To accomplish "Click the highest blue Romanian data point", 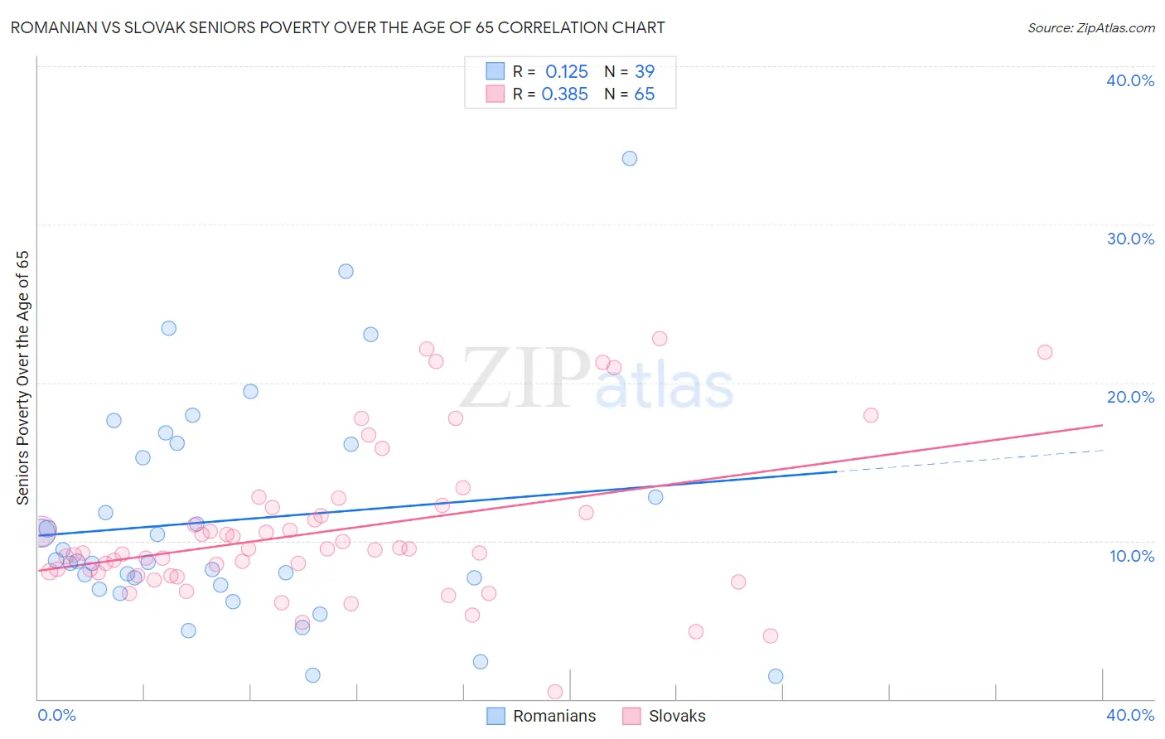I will tap(630, 158).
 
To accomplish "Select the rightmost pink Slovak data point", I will tap(1045, 352).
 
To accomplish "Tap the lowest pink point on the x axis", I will tap(555, 692).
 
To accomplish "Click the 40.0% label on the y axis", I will tap(1130, 80).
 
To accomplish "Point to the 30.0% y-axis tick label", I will tap(1130, 239).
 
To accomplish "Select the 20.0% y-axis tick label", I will tap(1130, 397).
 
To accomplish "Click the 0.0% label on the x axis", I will tap(56, 715).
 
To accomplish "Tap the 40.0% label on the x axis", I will tap(1130, 715).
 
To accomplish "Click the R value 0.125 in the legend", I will tap(567, 72).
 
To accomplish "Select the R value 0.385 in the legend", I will tap(565, 94).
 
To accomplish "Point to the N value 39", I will tap(644, 72).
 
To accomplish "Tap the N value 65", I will tap(644, 94).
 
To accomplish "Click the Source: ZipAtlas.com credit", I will tap(1090, 28).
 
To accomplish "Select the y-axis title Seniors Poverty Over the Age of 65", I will tap(23, 378).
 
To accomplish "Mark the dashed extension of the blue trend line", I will tap(969, 461).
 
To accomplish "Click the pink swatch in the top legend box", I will tap(495, 94).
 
